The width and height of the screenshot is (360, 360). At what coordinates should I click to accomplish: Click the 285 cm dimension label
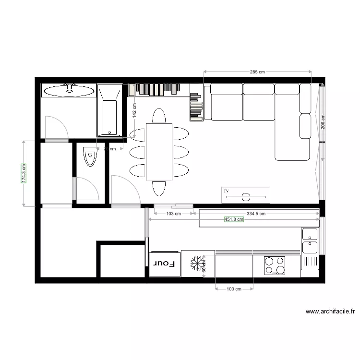[x=257, y=72]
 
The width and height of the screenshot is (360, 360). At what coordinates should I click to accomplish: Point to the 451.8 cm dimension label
[x=234, y=219]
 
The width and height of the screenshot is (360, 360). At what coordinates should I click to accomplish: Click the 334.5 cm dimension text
[x=256, y=213]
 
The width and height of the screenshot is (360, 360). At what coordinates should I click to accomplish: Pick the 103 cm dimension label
[x=173, y=213]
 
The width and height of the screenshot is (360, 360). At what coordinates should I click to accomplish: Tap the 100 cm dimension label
[x=233, y=289]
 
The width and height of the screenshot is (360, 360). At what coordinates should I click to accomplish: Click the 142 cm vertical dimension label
[x=134, y=110]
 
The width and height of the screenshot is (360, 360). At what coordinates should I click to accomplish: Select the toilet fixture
[x=90, y=156]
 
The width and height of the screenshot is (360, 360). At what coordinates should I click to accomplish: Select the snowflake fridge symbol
[x=197, y=264]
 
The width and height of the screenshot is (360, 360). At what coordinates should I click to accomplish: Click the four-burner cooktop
[x=275, y=265]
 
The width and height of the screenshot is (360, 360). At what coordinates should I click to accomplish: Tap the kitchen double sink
[x=310, y=241]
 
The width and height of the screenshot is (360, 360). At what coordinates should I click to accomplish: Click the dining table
[x=159, y=152]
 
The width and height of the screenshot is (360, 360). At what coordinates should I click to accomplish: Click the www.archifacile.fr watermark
[x=330, y=311]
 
